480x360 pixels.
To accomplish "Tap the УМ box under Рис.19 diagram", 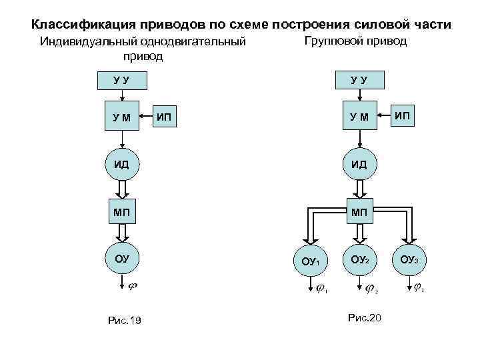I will (x=122, y=118).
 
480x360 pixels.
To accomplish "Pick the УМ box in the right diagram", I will (x=359, y=118).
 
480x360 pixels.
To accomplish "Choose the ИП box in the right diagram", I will (x=402, y=117).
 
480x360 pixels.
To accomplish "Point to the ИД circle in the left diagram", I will (x=121, y=164).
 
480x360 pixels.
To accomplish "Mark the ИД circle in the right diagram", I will (x=359, y=164).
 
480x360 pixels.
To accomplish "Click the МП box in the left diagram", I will (x=121, y=212).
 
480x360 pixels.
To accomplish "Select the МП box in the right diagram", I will (x=359, y=212).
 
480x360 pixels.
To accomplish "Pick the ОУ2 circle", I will (x=359, y=259).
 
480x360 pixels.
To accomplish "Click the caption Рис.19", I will (x=125, y=321).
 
